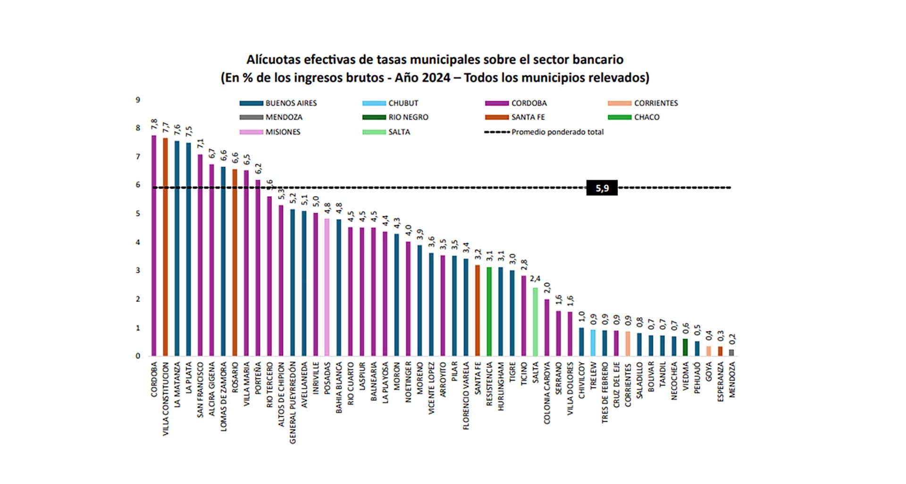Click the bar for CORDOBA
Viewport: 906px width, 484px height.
154,245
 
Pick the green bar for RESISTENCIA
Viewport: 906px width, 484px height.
489,311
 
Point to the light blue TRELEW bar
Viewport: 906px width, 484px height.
593,343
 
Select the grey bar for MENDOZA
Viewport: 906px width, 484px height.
731,352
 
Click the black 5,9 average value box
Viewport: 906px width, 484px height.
602,188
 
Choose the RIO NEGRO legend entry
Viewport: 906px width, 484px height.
395,117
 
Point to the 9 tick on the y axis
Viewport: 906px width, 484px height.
138,100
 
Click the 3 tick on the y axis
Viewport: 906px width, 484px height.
138,271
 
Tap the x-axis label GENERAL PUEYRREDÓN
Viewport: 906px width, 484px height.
293,402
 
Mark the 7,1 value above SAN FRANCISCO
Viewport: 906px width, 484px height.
200,144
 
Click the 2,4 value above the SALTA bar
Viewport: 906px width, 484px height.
535,279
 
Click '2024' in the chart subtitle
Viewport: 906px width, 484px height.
436,77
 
